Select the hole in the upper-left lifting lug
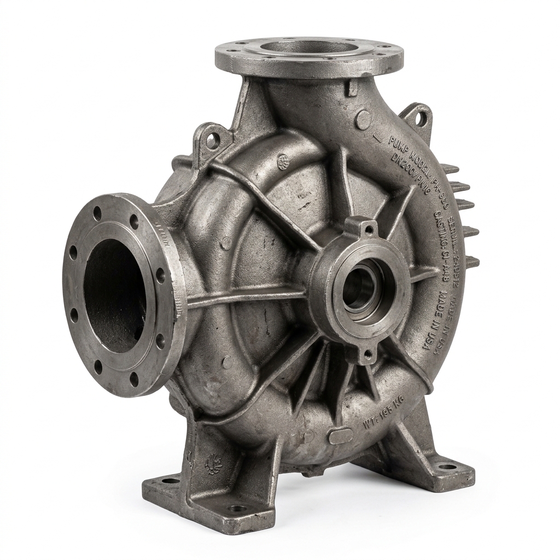212,141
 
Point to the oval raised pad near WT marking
341,436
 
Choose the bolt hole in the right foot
447,466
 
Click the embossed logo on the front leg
212,465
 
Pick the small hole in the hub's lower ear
368,355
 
